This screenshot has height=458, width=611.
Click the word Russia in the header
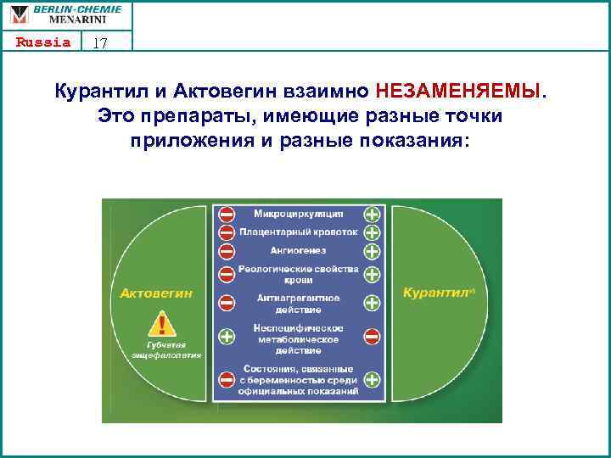tap(42, 42)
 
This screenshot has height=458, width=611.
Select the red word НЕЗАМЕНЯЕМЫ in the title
tap(457, 91)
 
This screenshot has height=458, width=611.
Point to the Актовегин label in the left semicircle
tap(156, 293)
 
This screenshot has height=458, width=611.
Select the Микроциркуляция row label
tap(298, 212)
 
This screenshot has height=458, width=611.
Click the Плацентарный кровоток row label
tap(298, 232)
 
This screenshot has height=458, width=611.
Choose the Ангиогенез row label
tap(298, 251)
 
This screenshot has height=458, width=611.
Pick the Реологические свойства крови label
tap(298, 273)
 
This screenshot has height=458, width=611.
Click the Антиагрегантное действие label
tap(298, 303)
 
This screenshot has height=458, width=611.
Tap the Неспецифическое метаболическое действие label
tap(298, 338)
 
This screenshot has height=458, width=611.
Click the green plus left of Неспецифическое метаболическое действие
tap(227, 337)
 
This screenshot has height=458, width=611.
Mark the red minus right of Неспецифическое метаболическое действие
tap(372, 337)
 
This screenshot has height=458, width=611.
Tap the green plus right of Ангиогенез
tap(372, 252)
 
